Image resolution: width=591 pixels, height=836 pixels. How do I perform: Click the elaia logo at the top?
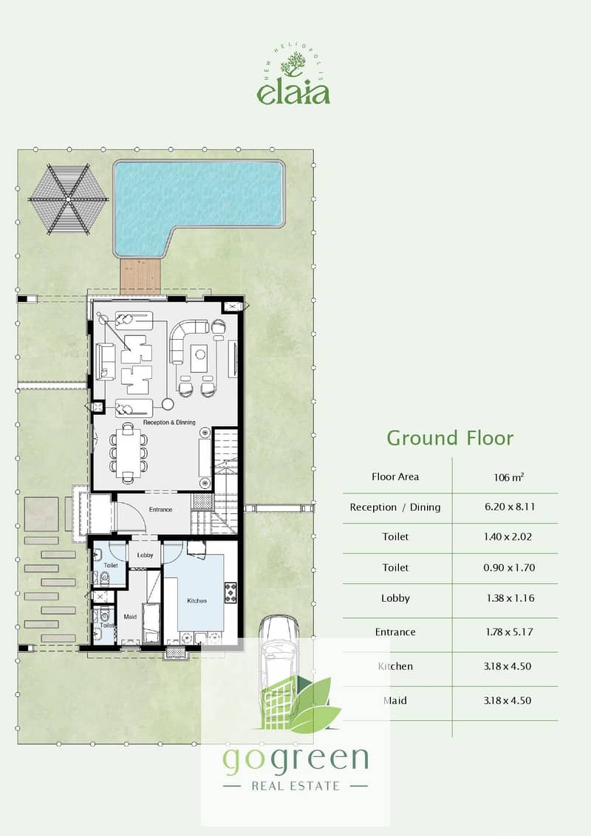293,78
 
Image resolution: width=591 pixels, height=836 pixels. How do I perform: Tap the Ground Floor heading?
450,438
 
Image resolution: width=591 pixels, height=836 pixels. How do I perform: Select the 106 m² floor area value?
509,477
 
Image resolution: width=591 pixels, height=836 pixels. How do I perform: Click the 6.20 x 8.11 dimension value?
510,507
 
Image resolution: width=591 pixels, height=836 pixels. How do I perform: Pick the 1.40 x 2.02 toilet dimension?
508,537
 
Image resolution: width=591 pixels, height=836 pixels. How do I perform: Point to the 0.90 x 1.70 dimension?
509,568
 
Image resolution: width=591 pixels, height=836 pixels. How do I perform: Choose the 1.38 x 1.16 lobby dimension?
510,598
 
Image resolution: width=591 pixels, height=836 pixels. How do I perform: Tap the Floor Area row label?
395,476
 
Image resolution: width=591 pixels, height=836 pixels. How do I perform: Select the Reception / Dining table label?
395,507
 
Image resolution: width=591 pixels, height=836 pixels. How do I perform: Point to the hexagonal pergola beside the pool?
68,199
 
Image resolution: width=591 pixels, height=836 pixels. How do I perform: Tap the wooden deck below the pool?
140,275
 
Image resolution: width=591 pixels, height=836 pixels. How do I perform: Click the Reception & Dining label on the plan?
169,422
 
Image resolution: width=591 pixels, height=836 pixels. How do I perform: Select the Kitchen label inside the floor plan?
197,601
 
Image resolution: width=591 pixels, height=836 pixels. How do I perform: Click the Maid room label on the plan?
130,617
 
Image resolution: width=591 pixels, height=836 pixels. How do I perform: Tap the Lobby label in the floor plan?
145,555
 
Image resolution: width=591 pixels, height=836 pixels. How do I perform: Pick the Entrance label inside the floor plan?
160,510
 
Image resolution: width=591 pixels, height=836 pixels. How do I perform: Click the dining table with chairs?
129,453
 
